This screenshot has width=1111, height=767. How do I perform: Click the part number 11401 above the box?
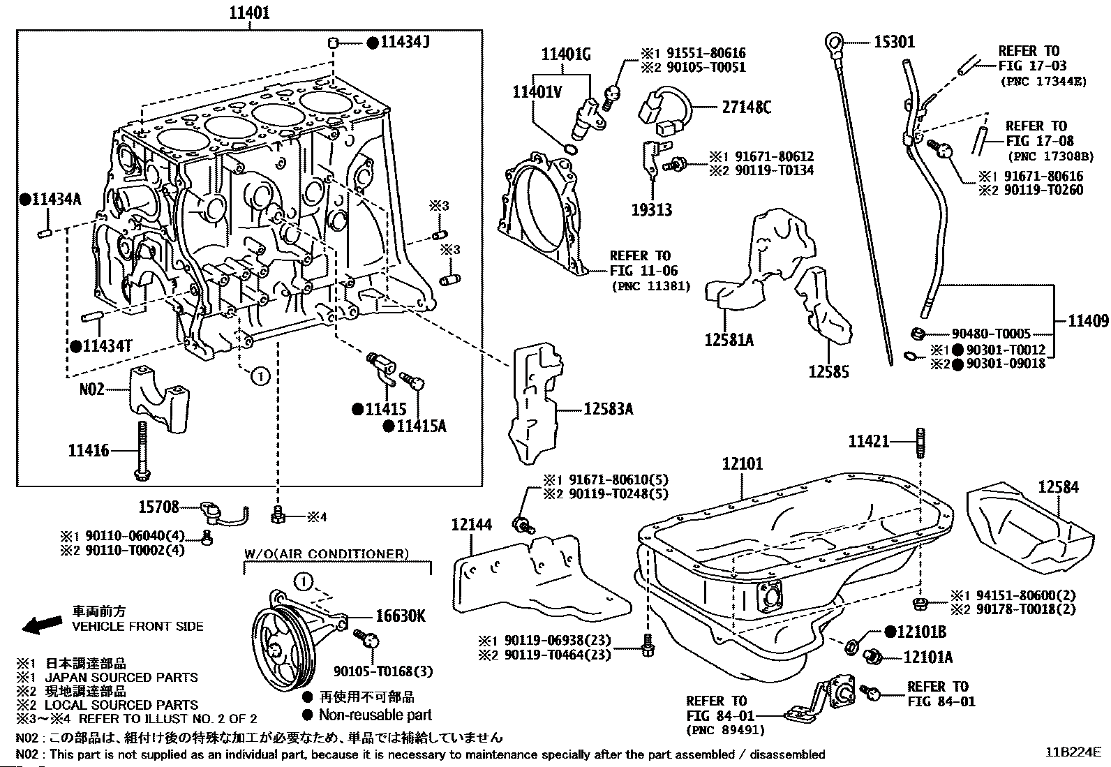tap(248, 13)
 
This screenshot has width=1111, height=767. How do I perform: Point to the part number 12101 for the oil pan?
tap(743, 463)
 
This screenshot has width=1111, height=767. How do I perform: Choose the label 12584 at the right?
tap(1058, 487)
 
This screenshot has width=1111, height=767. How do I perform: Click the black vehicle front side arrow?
tap(41, 623)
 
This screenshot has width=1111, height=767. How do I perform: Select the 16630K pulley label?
tap(401, 616)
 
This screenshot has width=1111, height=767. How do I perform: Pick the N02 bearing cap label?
tap(91, 389)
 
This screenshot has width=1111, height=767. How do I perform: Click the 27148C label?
tap(746, 107)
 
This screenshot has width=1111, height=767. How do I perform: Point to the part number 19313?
tap(652, 209)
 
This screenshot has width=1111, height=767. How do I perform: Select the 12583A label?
tap(609, 410)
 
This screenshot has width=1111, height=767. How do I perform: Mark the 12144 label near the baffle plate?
tap(472, 525)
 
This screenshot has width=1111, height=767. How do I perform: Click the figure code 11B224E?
tap(1073, 752)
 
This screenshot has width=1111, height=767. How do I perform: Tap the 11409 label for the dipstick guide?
tap(1088, 321)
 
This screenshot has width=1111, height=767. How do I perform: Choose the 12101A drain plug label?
tap(927, 657)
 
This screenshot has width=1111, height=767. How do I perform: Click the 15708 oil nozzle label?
tap(158, 507)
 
